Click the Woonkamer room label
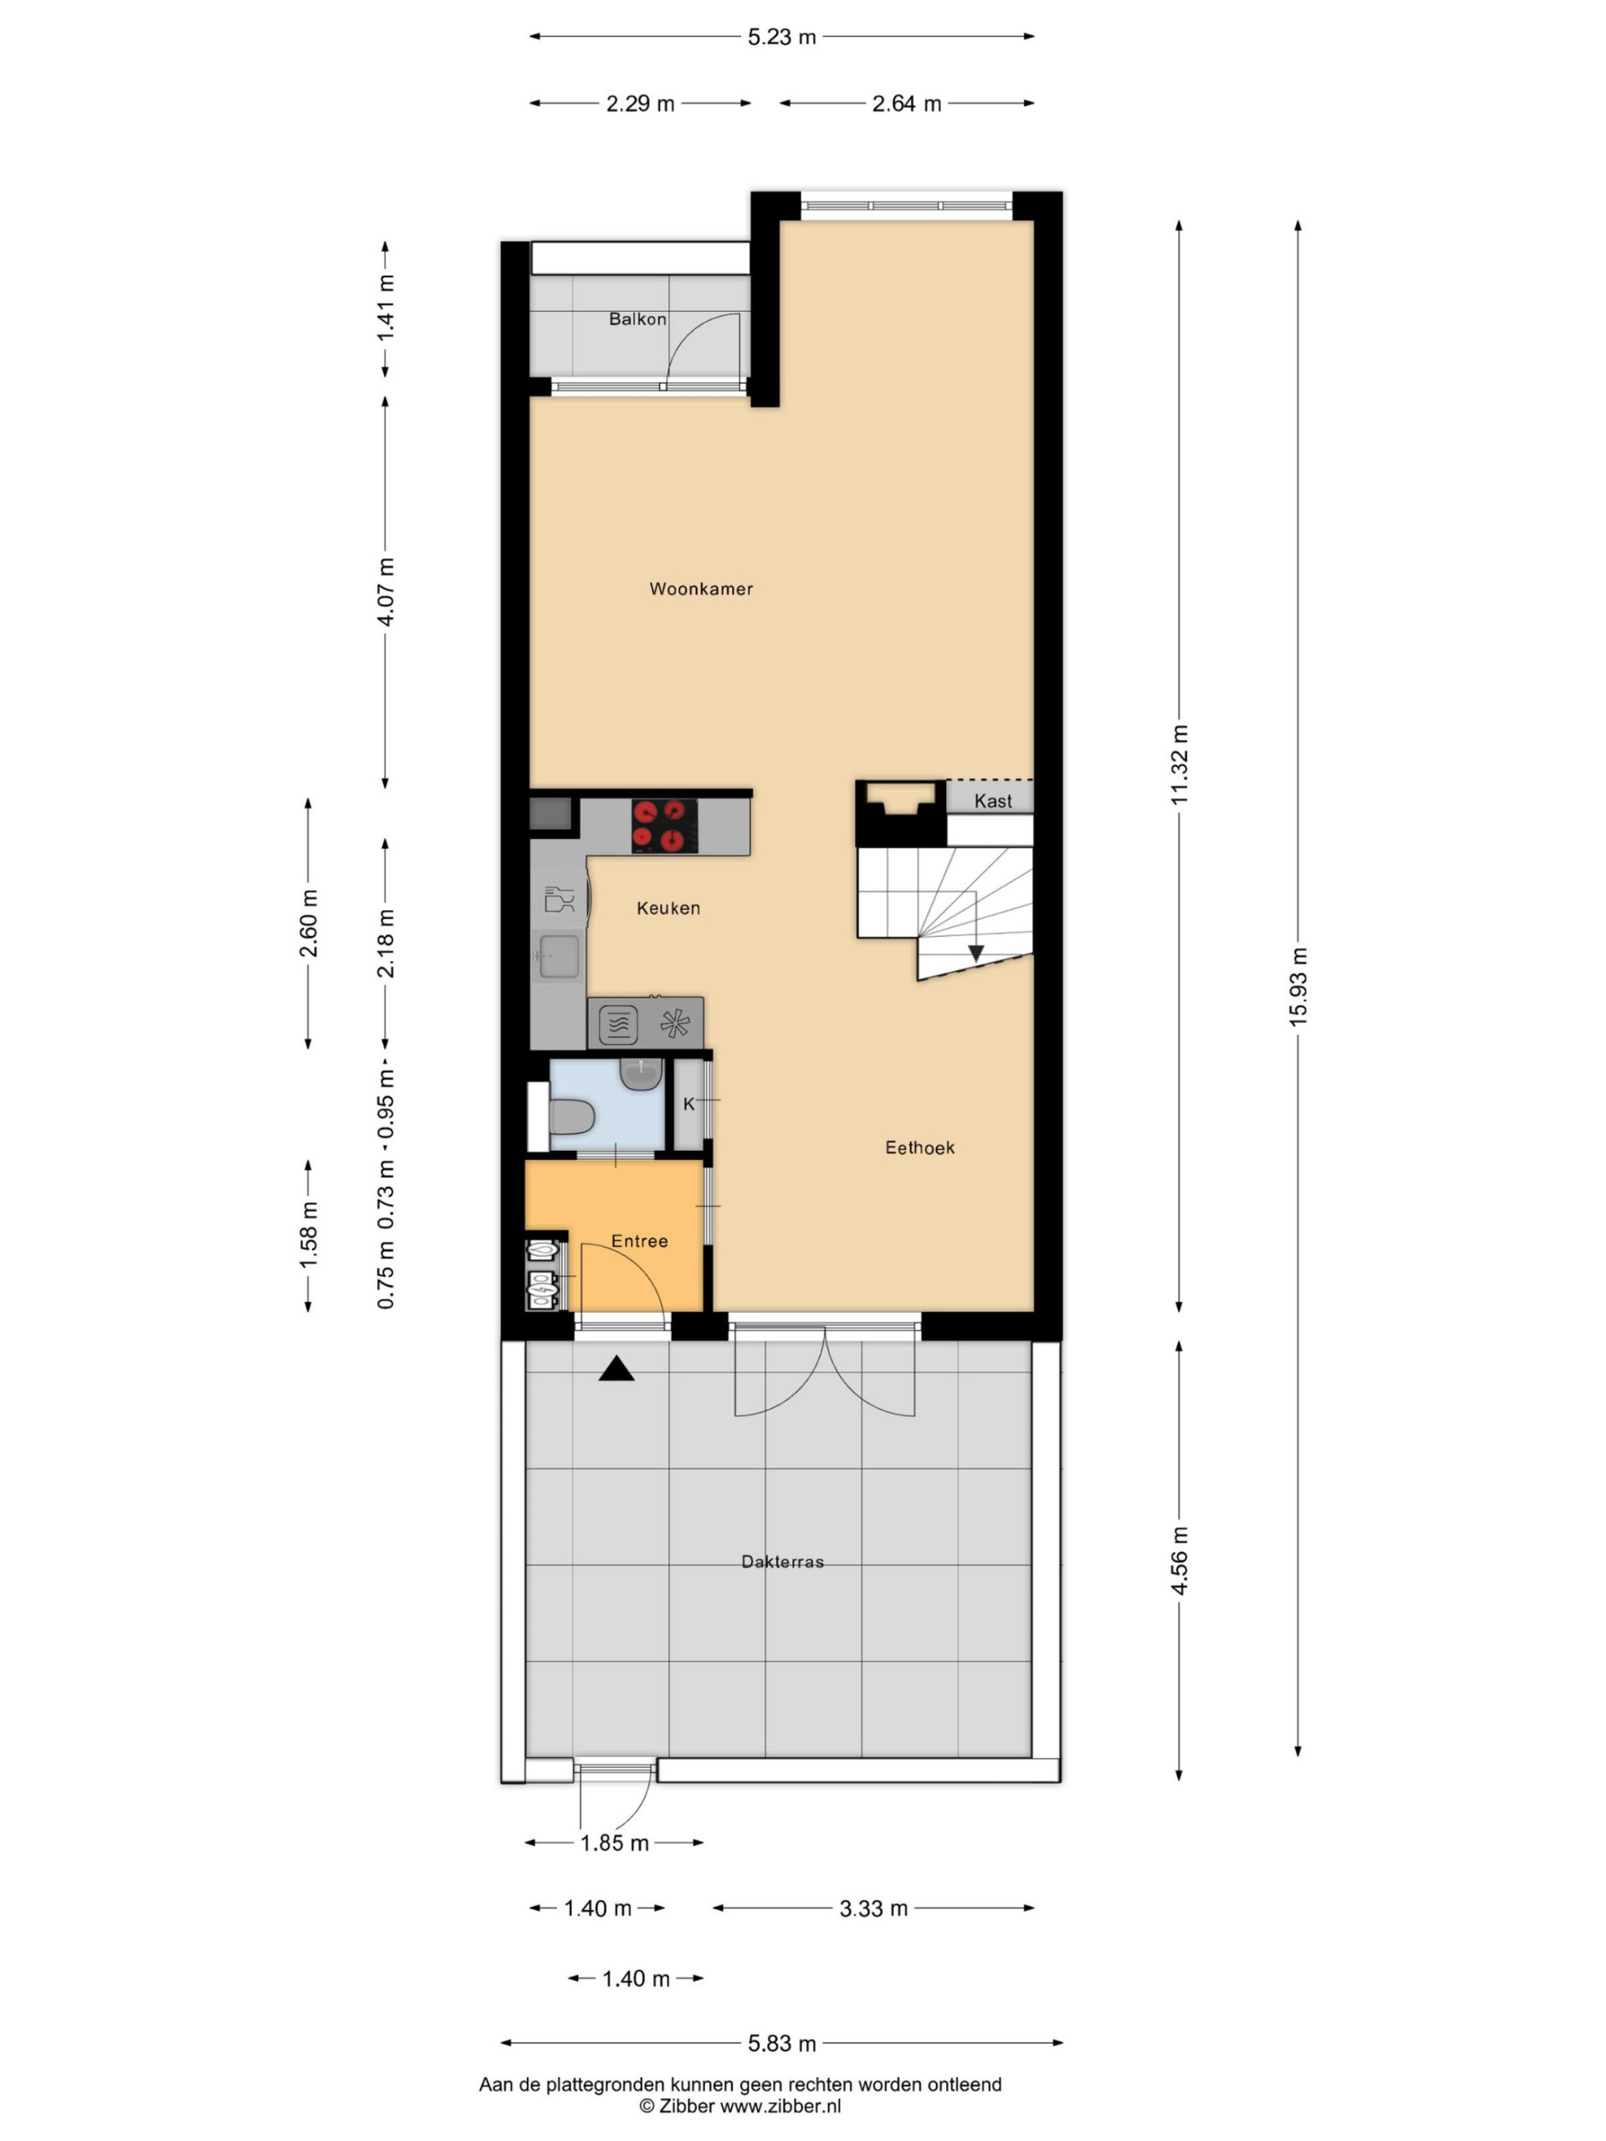pos(701,589)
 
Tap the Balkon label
pos(637,319)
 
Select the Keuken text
pos(668,908)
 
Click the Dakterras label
pos(782,1561)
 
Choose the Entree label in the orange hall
pos(639,1241)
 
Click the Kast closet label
pos(993,800)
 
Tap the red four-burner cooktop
pos(664,825)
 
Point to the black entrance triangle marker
pos(616,1368)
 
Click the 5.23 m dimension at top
pos(781,38)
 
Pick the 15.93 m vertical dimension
pos(1298,986)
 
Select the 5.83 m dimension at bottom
pos(781,2043)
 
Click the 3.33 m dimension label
pos(873,1908)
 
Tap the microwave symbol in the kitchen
pos(617,1024)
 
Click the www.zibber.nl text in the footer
pos(780,2106)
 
